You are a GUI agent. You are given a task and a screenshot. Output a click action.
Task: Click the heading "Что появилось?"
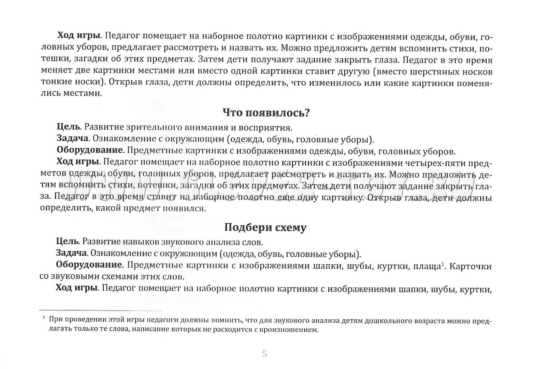(x=266, y=113)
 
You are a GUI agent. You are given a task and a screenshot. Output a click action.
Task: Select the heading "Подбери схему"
(x=265, y=228)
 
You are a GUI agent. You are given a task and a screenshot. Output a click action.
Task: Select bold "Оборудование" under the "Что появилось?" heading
(x=89, y=150)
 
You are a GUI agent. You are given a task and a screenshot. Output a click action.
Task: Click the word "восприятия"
(x=268, y=127)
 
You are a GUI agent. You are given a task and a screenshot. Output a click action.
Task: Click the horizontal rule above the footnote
(x=100, y=310)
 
